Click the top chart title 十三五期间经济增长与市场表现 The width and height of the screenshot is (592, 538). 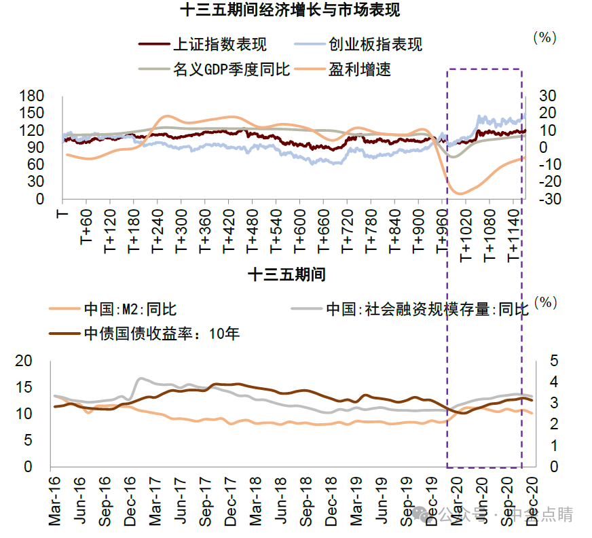290,10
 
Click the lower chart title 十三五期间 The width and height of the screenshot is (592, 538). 286,274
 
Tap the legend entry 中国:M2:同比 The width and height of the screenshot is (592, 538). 130,310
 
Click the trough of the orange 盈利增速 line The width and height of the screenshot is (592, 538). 461,194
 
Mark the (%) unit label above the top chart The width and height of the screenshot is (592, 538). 544,38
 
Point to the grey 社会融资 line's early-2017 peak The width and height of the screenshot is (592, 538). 141,378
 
